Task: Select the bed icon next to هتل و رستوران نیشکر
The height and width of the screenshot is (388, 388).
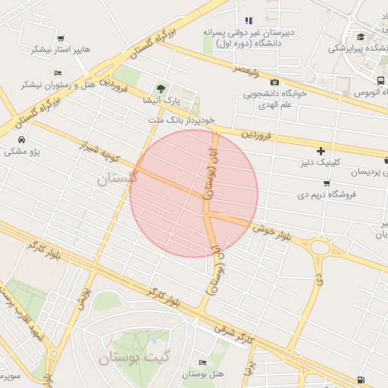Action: click(x=58, y=73)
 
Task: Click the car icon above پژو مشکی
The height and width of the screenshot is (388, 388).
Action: click(x=22, y=140)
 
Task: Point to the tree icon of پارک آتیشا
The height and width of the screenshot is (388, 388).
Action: click(x=160, y=88)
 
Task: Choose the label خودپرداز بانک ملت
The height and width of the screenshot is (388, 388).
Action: click(x=182, y=120)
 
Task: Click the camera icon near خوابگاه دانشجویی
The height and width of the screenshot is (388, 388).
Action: click(x=274, y=83)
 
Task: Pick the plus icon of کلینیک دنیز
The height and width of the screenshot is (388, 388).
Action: click(x=321, y=151)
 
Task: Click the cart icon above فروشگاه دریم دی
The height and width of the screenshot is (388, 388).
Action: click(x=326, y=183)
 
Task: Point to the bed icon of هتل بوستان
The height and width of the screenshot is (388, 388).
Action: click(x=202, y=362)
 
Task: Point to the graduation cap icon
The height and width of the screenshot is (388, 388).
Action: click(x=361, y=36)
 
